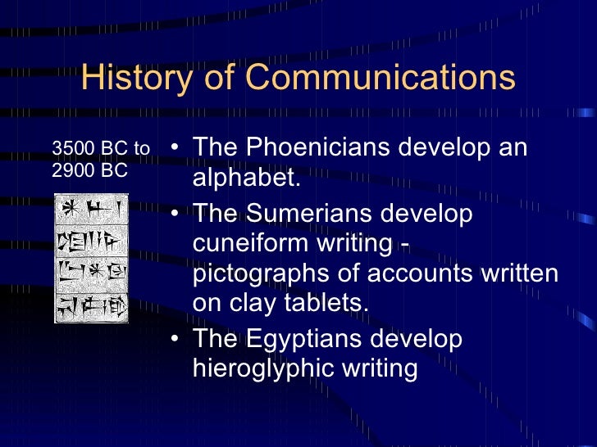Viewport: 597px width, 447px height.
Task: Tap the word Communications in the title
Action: point(380,78)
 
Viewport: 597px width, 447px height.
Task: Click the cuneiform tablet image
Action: point(91,257)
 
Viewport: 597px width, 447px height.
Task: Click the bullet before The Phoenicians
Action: point(175,149)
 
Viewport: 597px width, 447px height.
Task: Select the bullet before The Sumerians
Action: point(175,214)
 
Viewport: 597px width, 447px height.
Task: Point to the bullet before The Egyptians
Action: point(175,339)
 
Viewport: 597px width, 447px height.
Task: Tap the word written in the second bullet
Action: point(517,273)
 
